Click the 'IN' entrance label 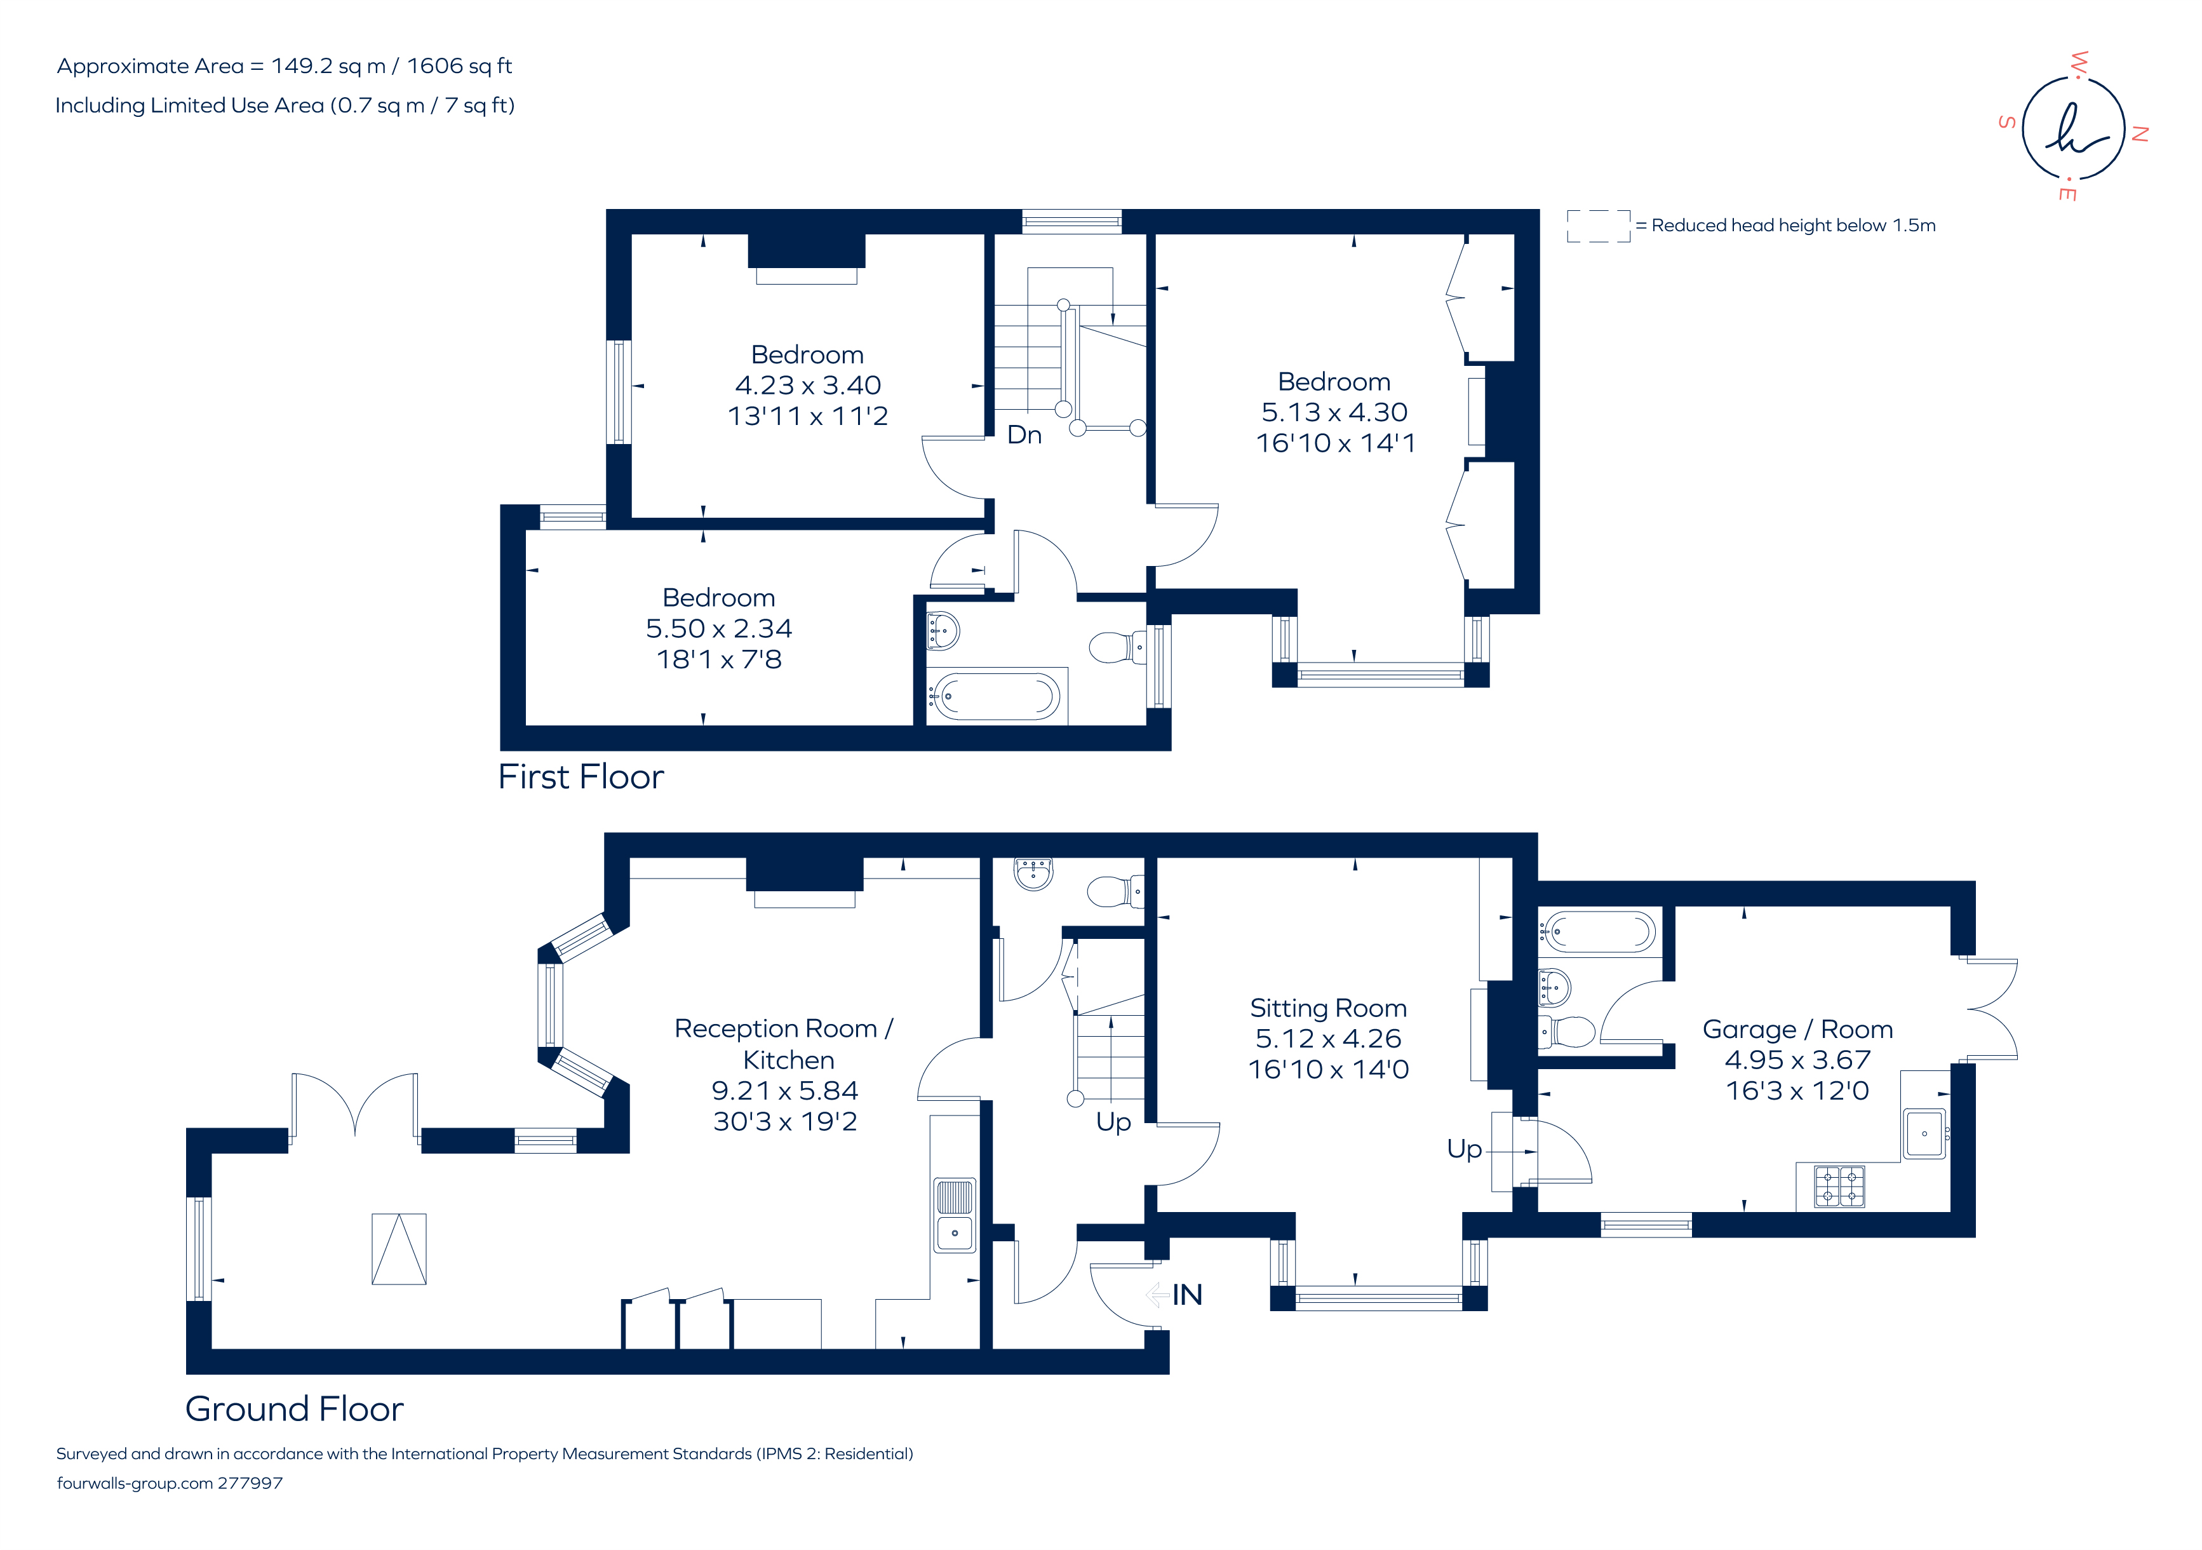(1186, 1295)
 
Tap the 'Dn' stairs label (1024, 435)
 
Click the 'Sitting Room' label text (1328, 1008)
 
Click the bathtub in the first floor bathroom (997, 696)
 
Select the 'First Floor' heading (581, 777)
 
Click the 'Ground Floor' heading (295, 1409)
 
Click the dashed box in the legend (1598, 226)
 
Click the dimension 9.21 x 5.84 (784, 1091)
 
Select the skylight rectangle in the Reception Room (399, 1249)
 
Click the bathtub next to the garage (1599, 931)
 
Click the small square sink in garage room (1924, 1134)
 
